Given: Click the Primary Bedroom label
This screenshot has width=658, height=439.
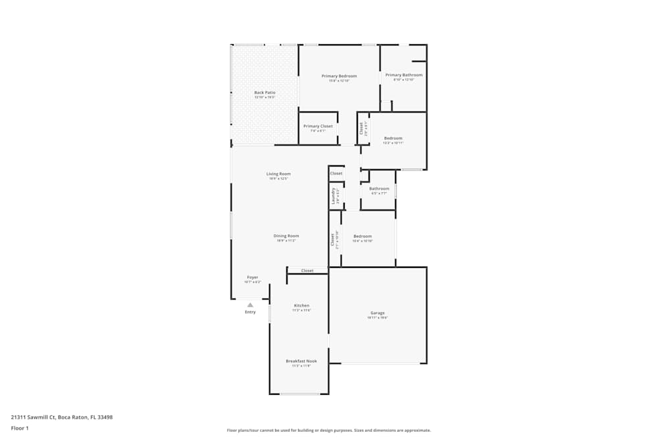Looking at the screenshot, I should click(339, 76).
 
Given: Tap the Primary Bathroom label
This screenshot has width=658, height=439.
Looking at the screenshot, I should click(404, 75).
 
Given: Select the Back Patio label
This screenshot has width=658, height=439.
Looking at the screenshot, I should click(265, 93).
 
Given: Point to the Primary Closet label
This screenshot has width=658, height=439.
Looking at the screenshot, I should click(318, 126).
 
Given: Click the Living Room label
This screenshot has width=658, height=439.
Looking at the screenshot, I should click(278, 174).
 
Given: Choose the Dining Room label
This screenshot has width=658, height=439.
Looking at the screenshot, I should click(286, 236).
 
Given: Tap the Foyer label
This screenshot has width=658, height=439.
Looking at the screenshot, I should click(253, 277).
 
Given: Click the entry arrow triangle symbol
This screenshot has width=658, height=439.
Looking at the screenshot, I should click(250, 305).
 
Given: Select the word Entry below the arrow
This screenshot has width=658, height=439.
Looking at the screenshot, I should click(250, 312).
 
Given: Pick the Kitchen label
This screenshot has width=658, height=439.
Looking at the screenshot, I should click(301, 305).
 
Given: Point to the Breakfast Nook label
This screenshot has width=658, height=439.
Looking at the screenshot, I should click(301, 361).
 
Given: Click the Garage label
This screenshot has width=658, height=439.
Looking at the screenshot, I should click(377, 313).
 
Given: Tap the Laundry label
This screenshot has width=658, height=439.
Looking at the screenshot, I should click(334, 195).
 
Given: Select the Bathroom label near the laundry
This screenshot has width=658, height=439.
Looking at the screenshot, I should click(379, 189).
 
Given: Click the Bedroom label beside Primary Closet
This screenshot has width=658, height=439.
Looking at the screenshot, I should click(393, 138).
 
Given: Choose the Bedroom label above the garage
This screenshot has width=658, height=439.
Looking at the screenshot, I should click(363, 236).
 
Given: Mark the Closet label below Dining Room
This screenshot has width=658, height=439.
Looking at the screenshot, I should click(307, 271).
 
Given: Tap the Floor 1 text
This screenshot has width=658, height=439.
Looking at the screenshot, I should click(20, 428).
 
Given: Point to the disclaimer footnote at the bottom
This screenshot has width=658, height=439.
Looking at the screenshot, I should click(329, 430).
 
